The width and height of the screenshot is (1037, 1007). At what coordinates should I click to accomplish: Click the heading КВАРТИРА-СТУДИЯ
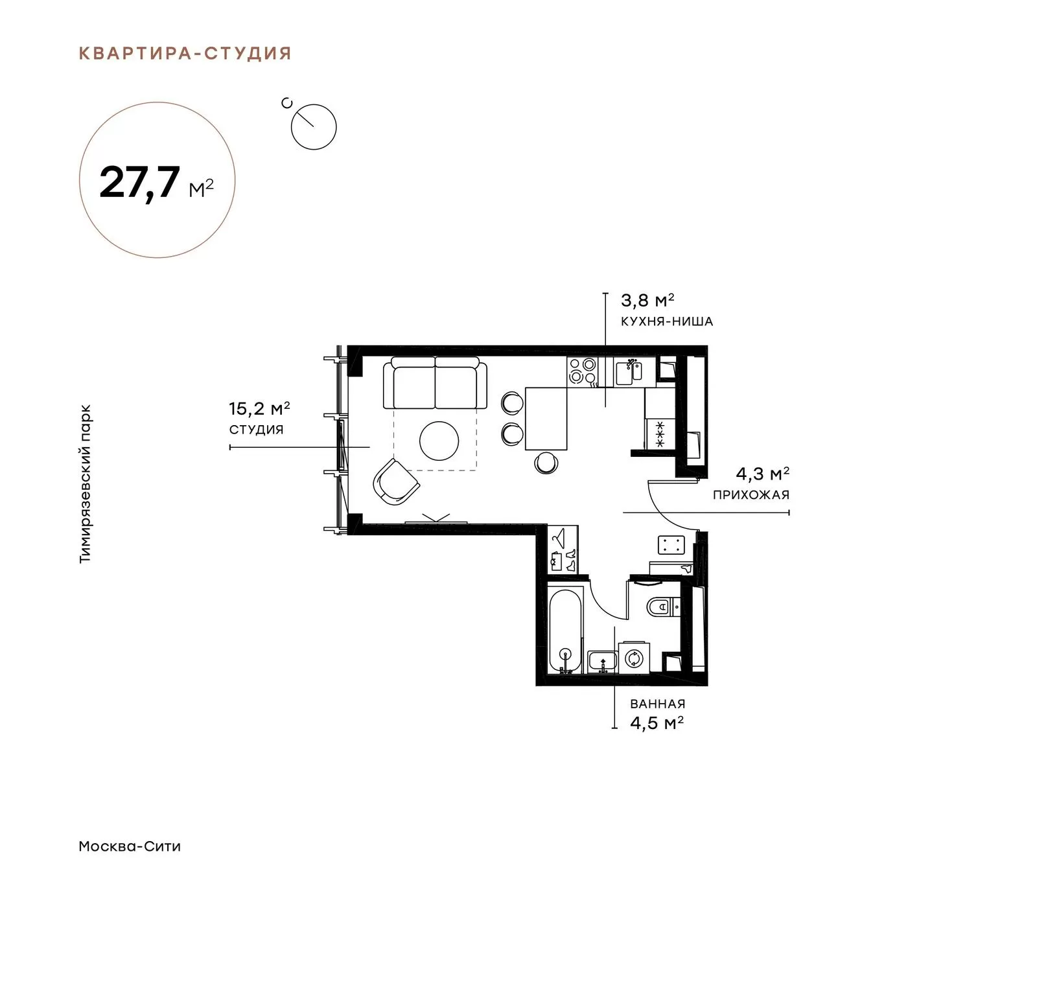[185, 53]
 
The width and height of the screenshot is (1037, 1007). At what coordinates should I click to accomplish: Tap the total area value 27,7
[139, 182]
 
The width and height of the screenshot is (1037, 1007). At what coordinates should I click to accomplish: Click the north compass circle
[314, 127]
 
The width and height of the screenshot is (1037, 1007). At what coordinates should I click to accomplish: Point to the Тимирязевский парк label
[85, 484]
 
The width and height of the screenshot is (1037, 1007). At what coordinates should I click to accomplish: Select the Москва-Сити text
[130, 846]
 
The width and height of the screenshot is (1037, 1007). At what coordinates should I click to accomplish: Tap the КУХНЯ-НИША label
[667, 321]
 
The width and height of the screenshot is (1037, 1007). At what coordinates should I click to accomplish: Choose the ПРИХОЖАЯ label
[751, 495]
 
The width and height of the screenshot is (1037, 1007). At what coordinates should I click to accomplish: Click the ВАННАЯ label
[657, 704]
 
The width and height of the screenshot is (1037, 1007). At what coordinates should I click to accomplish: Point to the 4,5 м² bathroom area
[657, 723]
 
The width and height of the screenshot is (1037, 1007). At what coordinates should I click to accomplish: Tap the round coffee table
[439, 441]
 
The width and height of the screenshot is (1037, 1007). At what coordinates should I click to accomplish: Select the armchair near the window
[396, 483]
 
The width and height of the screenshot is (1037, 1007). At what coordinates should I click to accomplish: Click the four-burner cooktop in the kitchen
[582, 372]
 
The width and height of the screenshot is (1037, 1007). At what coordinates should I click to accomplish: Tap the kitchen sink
[629, 372]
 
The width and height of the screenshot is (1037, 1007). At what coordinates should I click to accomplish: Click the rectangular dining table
[546, 418]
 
